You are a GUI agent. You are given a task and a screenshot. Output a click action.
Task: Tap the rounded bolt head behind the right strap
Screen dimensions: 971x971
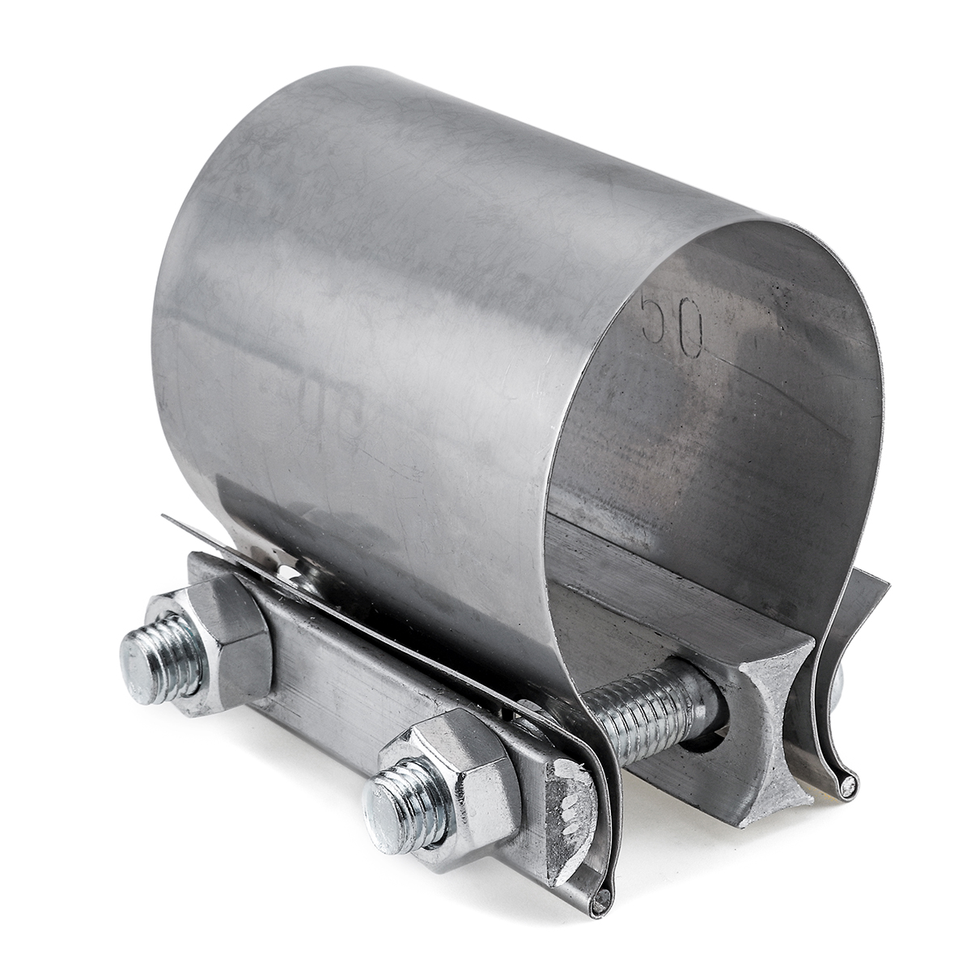coord(838,684)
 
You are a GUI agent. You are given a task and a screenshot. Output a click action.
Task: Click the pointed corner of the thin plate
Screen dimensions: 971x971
coord(167,518)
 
